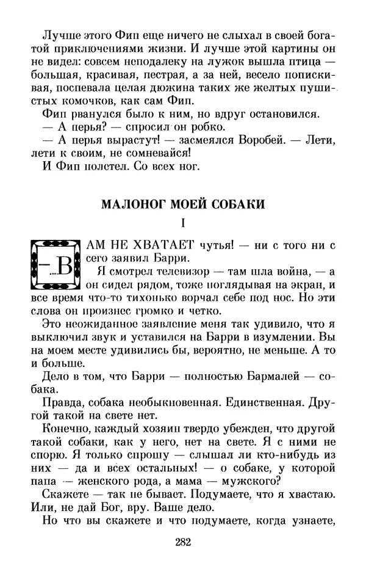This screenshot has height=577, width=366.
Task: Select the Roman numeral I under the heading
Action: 183,224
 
